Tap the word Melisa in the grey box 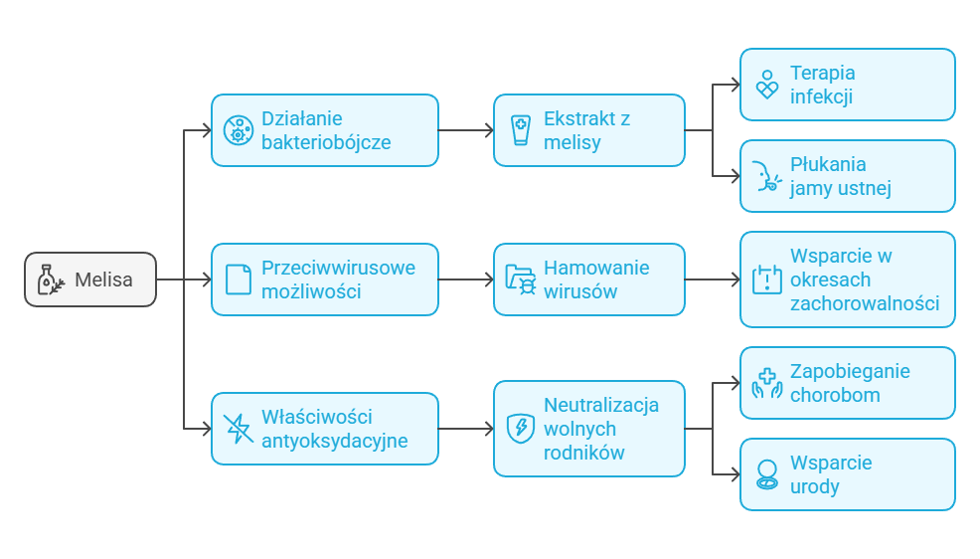pos(103,279)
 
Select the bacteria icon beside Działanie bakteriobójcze pos(238,130)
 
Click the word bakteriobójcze pos(325,142)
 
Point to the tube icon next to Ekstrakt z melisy pos(520,130)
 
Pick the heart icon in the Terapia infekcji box pos(766,85)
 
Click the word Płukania pos(828,164)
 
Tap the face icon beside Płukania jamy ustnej pos(765,176)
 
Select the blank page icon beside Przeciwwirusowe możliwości pos(238,279)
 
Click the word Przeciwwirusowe pos(338,268)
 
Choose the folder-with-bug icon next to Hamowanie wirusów pos(520,279)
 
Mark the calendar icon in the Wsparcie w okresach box pos(766,279)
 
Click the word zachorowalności pos(864,303)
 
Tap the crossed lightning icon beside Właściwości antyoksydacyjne pos(238,429)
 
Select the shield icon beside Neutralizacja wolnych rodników pos(520,429)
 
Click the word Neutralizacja pos(600,405)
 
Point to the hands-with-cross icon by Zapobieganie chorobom pos(766,383)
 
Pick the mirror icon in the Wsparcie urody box pos(766,474)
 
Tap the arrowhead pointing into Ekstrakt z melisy pos(488,130)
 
